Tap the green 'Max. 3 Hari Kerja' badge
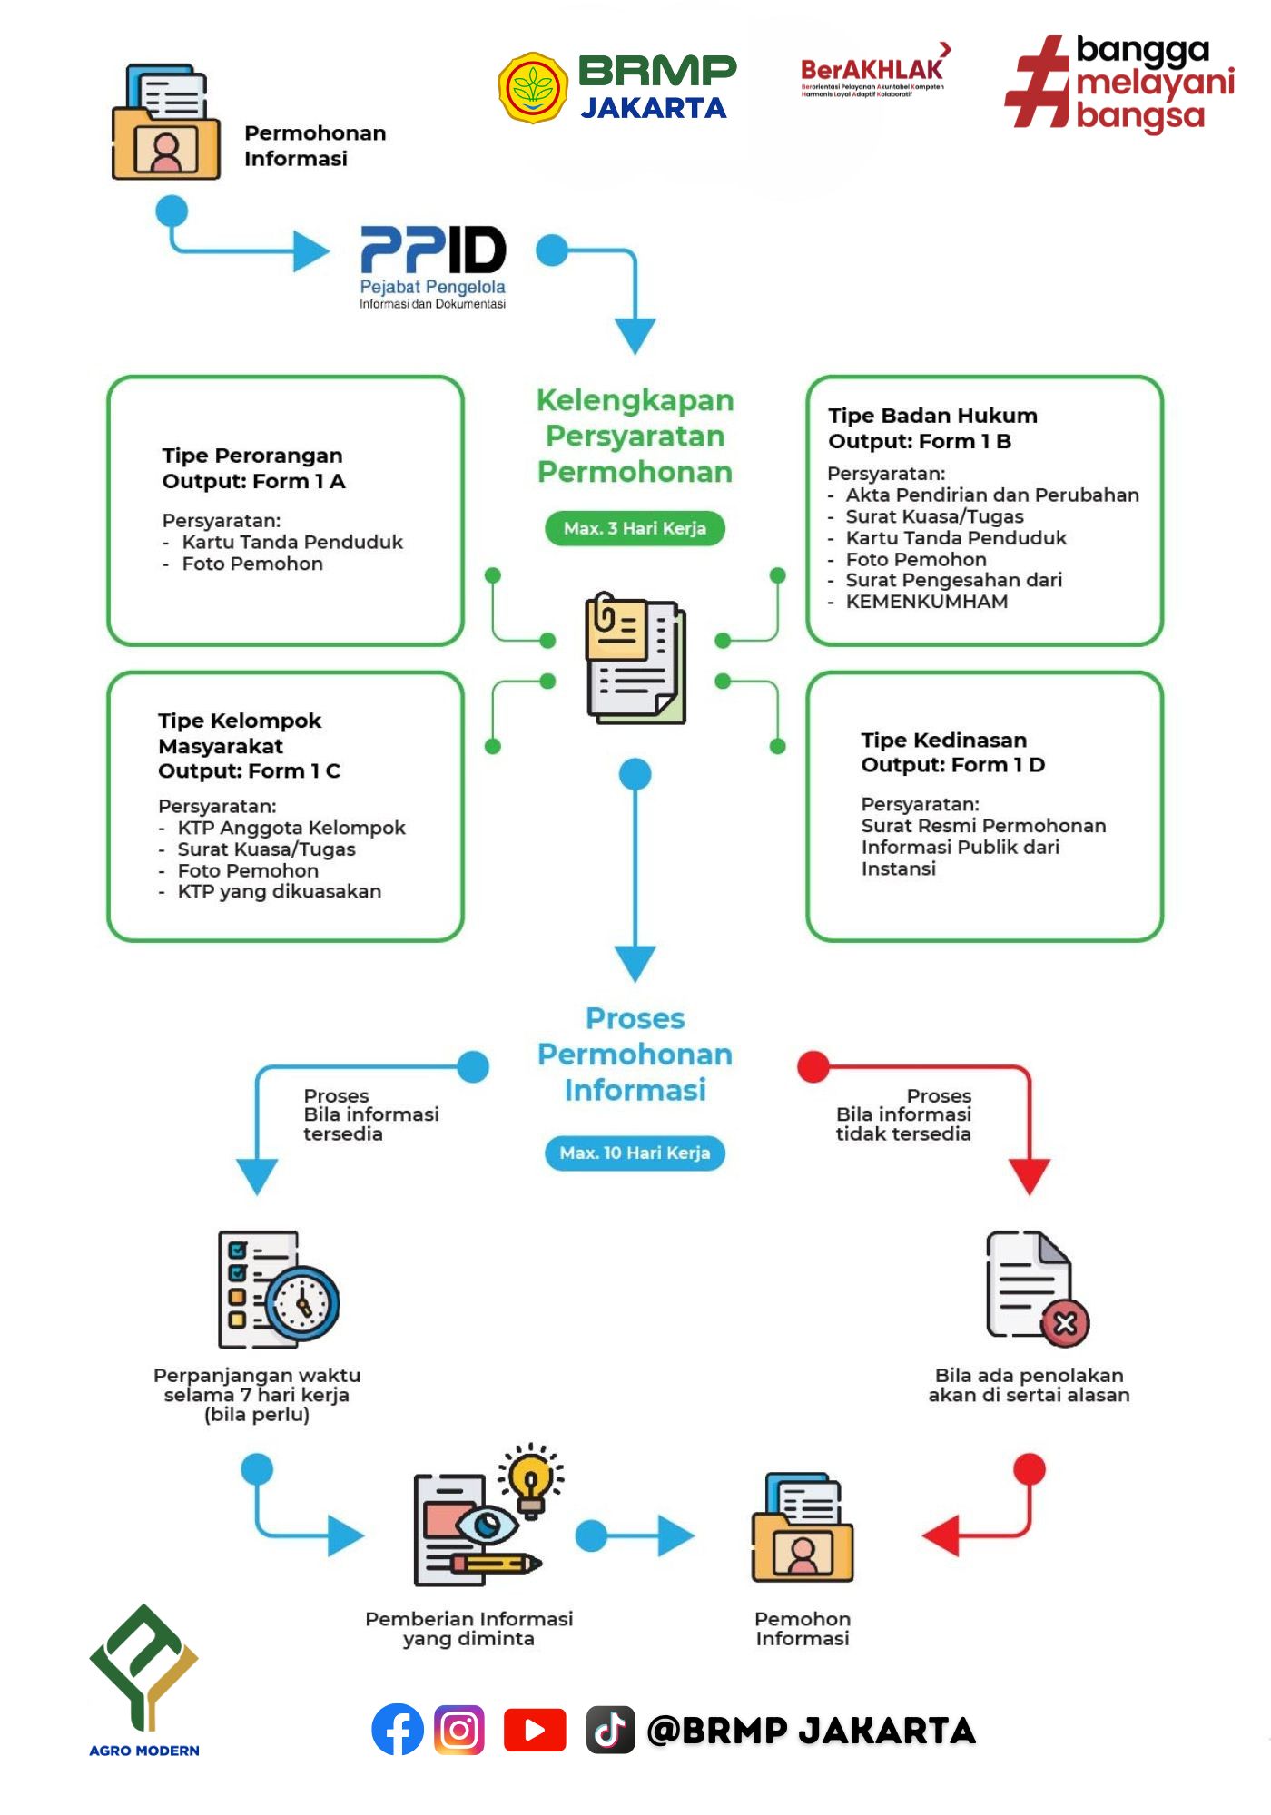pos(635,528)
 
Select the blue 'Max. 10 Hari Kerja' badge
pos(635,1153)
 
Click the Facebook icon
pos(398,1730)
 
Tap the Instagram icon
pos(459,1730)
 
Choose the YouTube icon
pos(535,1730)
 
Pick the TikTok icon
pos(609,1730)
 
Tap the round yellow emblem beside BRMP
pos(533,88)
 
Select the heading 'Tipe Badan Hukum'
pos(932,416)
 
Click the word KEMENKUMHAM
pos(926,602)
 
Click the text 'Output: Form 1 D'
pos(952,765)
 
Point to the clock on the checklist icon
pos(303,1303)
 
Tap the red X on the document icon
pos(1065,1323)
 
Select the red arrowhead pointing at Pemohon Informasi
pos(941,1535)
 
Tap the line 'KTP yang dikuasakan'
pos(279,892)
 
